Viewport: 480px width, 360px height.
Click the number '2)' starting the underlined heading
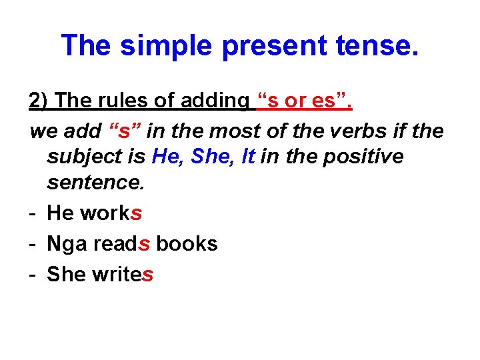click(39, 101)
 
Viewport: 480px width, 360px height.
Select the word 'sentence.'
click(95, 182)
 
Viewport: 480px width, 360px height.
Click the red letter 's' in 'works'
click(137, 213)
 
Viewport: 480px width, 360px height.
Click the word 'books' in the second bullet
click(187, 243)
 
